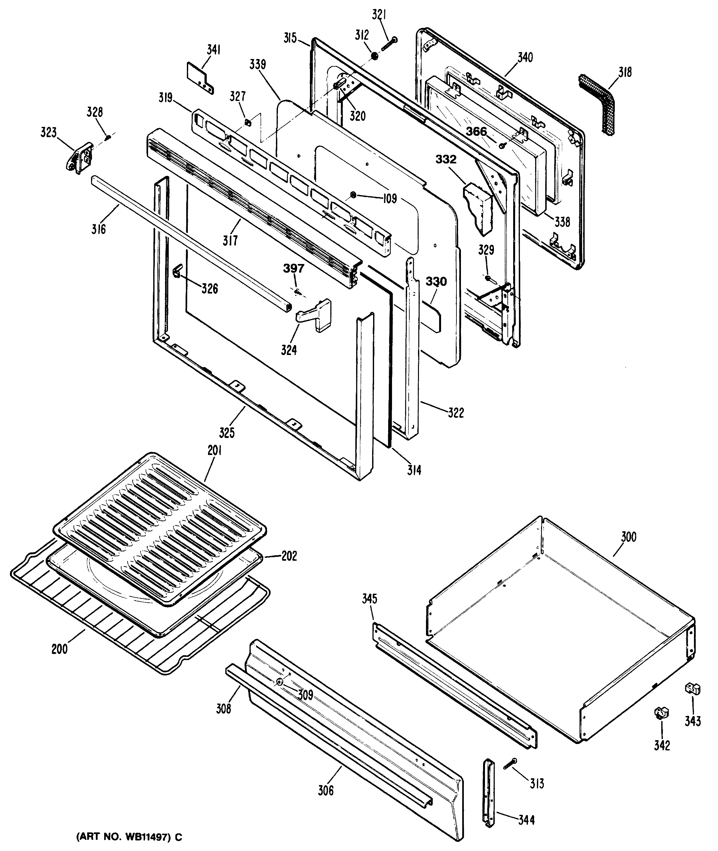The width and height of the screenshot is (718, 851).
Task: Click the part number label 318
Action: pyautogui.click(x=625, y=72)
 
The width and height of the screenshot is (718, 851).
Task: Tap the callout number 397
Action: pyautogui.click(x=294, y=269)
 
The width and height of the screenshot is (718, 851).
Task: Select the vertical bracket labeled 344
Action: pyautogui.click(x=489, y=792)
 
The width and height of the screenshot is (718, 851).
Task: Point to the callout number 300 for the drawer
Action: pyautogui.click(x=629, y=537)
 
